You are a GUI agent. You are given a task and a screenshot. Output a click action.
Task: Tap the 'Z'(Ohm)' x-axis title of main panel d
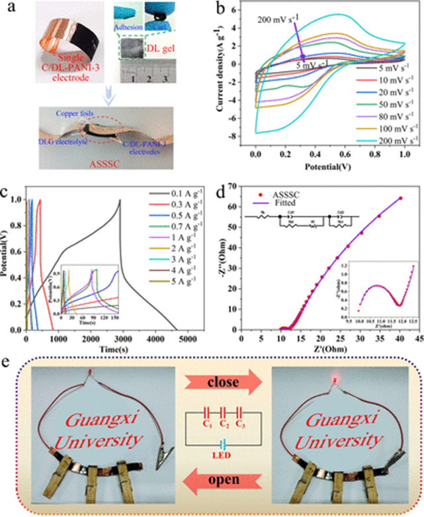[x=339, y=352]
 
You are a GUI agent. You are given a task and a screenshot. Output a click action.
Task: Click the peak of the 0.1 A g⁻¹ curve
[x=120, y=200]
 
